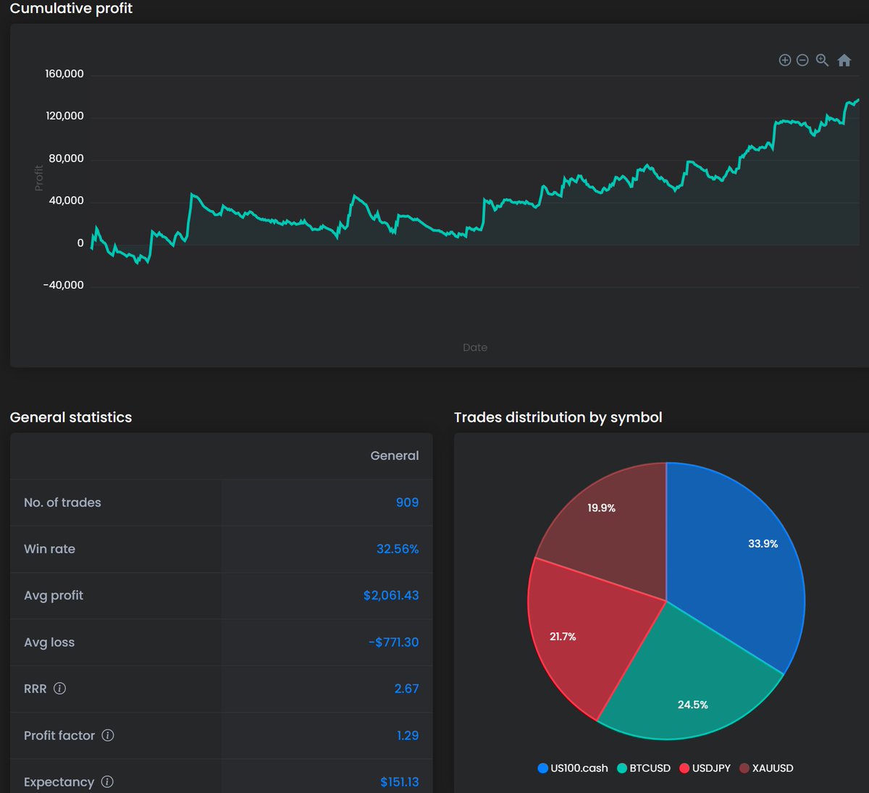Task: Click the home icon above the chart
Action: coord(844,60)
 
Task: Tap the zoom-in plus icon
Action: coord(784,60)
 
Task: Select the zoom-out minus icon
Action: coord(802,60)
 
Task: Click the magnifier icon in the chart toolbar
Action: coord(822,60)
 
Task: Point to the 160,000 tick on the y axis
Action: coord(64,74)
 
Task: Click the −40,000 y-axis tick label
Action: coord(63,285)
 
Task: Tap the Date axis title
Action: coord(475,348)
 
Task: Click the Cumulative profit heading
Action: coord(71,9)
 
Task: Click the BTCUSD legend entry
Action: coord(644,768)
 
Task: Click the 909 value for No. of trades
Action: coord(407,503)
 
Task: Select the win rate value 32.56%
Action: coord(398,549)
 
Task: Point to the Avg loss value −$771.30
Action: coord(393,642)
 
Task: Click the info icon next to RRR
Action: coord(60,689)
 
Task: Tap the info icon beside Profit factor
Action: coord(108,735)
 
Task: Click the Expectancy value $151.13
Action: coord(399,782)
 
